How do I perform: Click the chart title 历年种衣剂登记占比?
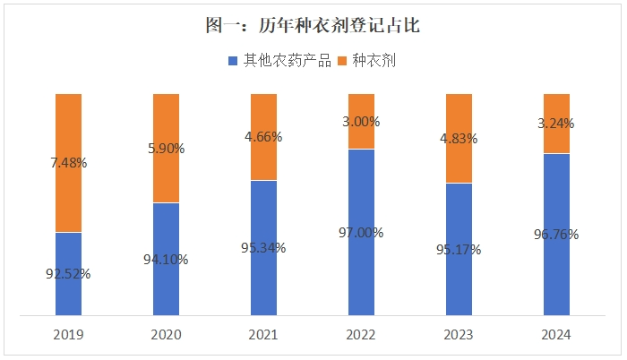pos(313,26)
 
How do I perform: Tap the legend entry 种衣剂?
pos(368,61)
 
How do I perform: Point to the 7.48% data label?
pos(69,162)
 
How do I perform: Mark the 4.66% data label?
pos(263,137)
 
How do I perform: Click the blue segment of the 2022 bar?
pos(361,269)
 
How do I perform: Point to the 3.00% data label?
pos(361,121)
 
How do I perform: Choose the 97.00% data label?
pos(361,232)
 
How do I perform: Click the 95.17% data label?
pos(459,249)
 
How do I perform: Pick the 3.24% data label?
pos(556,124)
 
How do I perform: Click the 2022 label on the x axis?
pos(361,335)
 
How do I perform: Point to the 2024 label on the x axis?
pos(556,335)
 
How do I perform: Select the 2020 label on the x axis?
pos(167,335)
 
